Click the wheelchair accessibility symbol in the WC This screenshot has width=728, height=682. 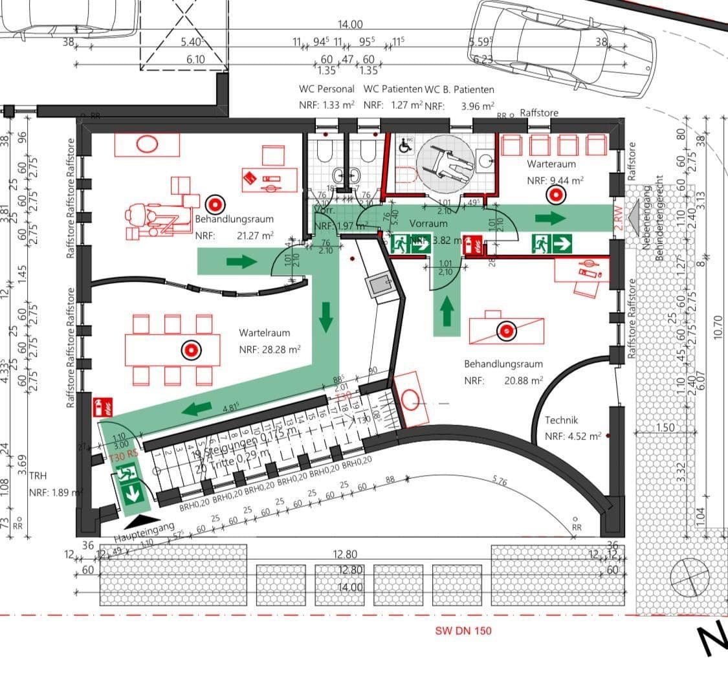[x=406, y=146]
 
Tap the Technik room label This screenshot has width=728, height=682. [x=562, y=420]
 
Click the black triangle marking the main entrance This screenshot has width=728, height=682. [x=138, y=520]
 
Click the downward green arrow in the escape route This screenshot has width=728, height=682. [x=325, y=316]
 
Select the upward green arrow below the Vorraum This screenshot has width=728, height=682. [x=447, y=311]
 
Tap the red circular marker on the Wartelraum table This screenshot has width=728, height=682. [x=191, y=350]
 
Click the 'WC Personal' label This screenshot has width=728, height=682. [x=326, y=89]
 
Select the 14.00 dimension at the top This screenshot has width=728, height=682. [x=350, y=25]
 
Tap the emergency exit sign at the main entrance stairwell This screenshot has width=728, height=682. [x=130, y=487]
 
